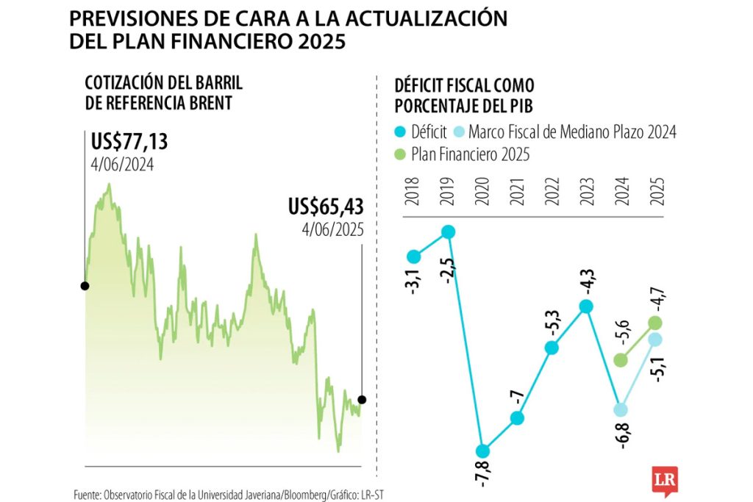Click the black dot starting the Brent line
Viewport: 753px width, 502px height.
coord(85,285)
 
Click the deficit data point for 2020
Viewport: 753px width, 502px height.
coord(482,451)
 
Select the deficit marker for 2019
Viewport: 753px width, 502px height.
coord(448,232)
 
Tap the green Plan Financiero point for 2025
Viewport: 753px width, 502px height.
coord(655,323)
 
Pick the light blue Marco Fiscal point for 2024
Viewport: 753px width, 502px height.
coord(621,409)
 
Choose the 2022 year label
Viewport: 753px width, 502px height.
coord(551,194)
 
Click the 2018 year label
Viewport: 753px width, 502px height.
coord(413,194)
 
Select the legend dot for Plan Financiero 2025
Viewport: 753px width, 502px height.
coord(401,154)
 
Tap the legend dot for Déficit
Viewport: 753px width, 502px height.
coord(401,132)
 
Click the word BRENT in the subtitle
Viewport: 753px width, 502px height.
coord(202,103)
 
